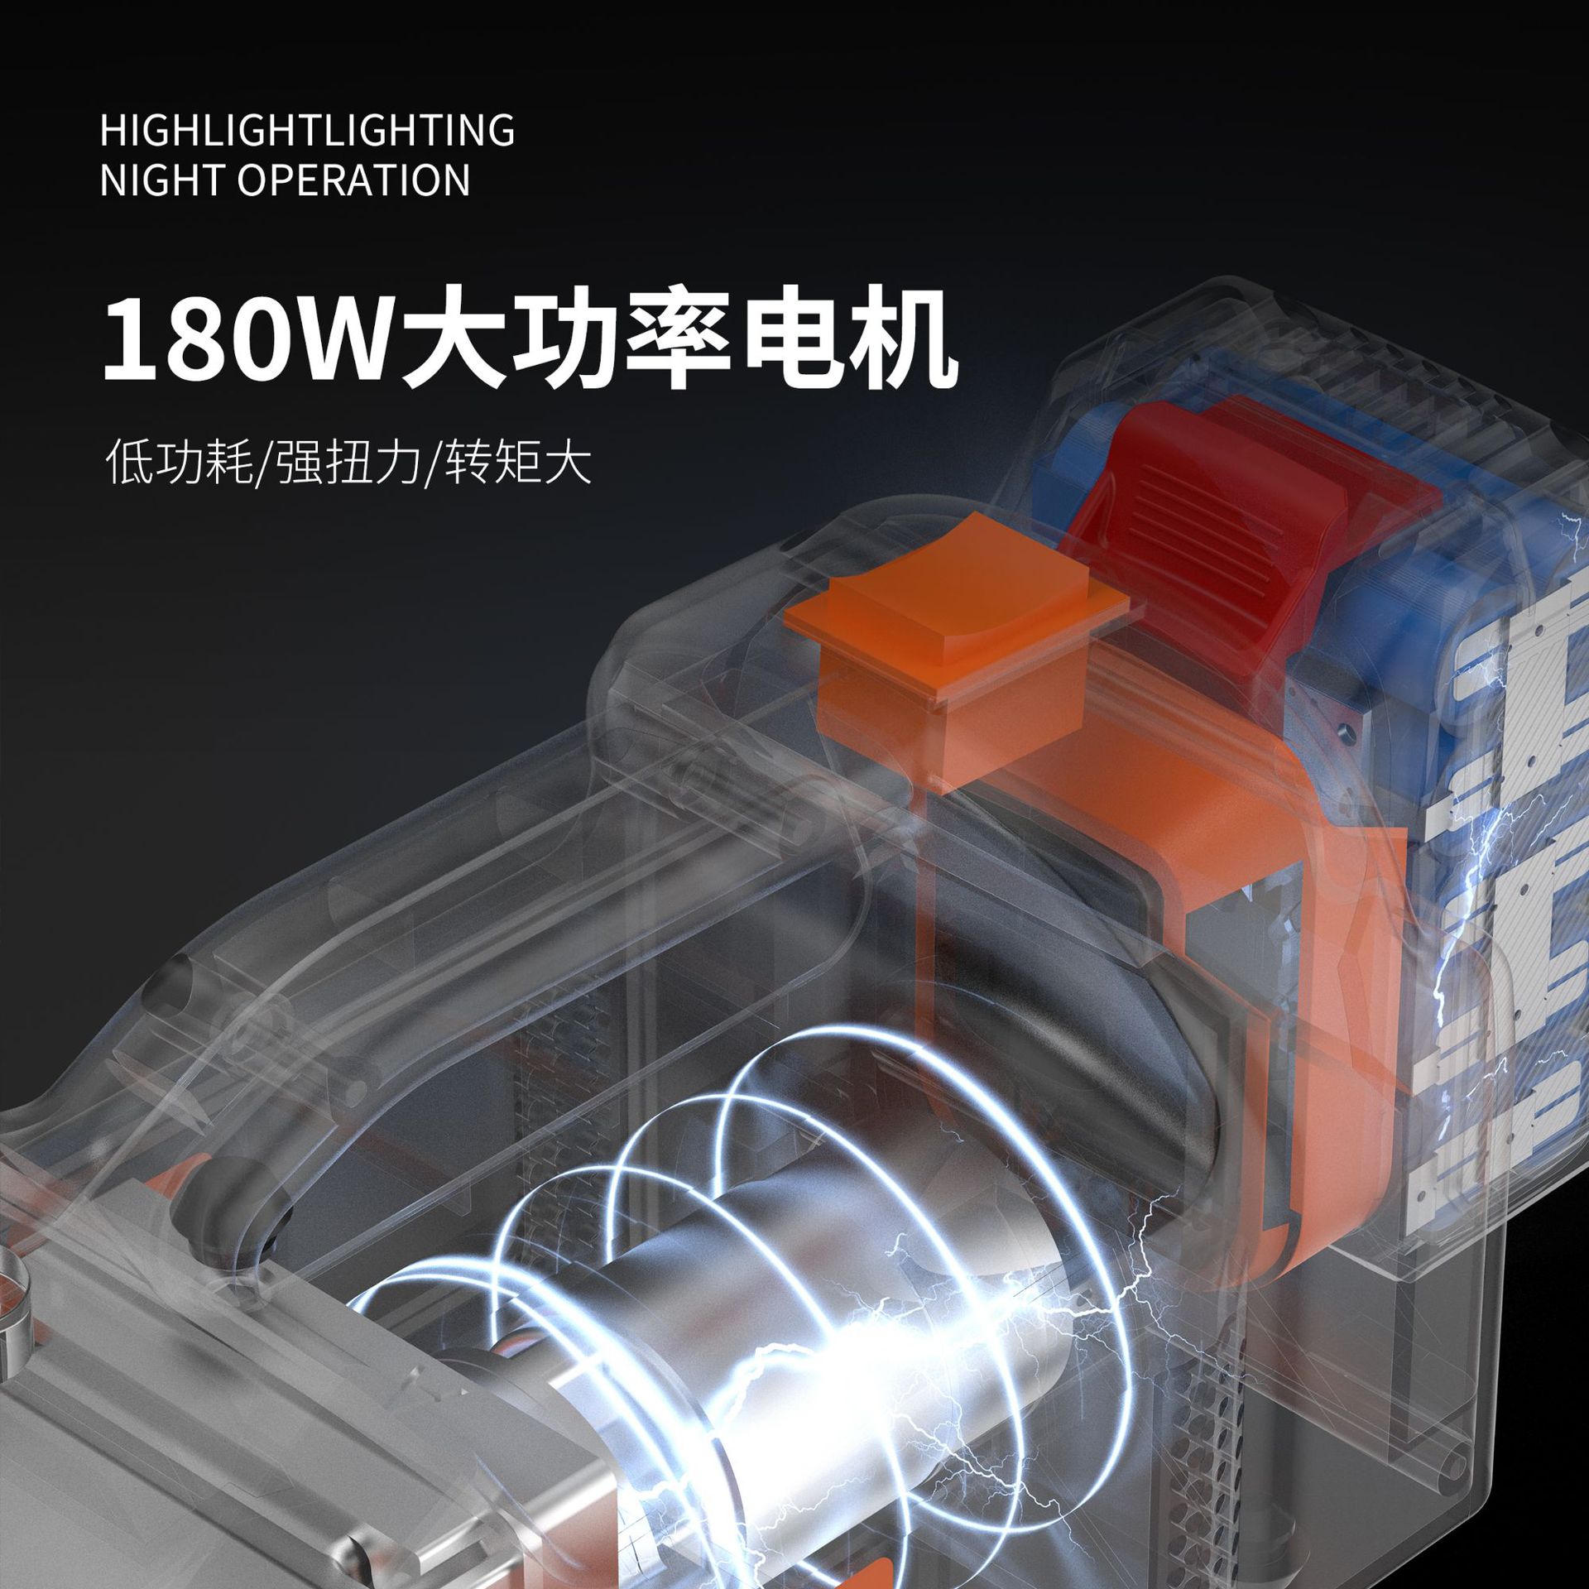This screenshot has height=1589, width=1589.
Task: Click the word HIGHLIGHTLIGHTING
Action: coord(307,131)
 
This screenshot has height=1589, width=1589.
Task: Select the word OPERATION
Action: coord(354,180)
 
